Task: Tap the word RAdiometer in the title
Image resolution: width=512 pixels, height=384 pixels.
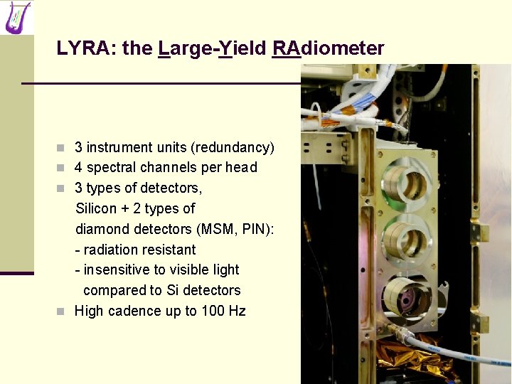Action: pyautogui.click(x=328, y=48)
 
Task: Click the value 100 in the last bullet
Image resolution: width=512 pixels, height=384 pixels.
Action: pyautogui.click(x=213, y=311)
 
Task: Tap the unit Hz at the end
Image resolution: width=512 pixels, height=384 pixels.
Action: pyautogui.click(x=237, y=311)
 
